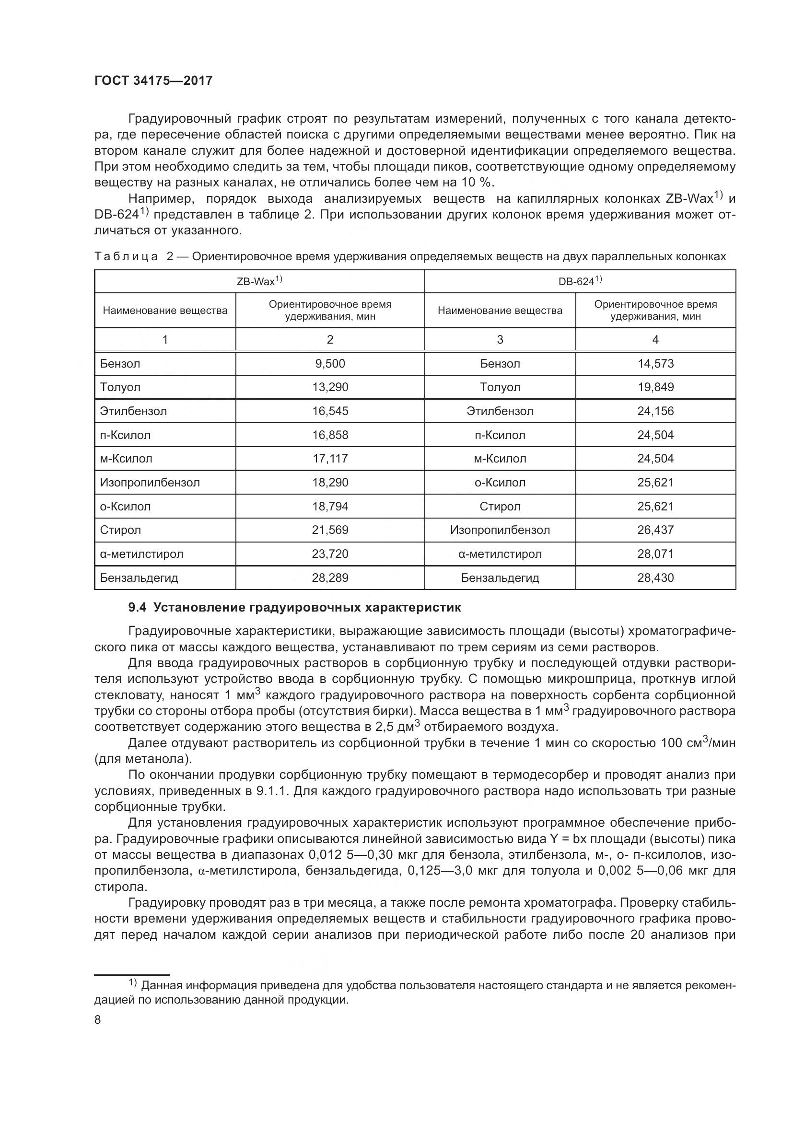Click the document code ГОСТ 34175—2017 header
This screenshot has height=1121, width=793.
[x=153, y=81]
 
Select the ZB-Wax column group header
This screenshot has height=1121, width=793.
[x=259, y=281]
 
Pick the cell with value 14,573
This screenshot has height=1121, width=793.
[x=655, y=364]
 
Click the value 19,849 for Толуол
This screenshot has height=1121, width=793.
[x=655, y=387]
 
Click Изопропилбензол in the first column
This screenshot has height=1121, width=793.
[x=150, y=483]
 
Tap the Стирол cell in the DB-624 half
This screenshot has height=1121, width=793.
[x=500, y=506]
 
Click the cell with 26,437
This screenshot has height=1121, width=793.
[x=655, y=530]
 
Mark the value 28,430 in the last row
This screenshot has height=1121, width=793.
[x=655, y=578]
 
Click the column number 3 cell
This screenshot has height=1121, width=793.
[x=500, y=340]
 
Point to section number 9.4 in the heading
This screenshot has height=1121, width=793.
[x=137, y=608]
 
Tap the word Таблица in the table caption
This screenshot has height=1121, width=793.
[x=126, y=257]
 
